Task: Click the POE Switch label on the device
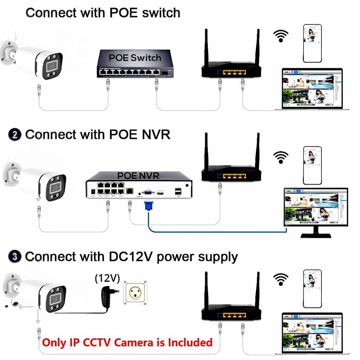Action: click(135, 57)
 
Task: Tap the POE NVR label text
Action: click(138, 176)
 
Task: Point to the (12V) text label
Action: click(107, 278)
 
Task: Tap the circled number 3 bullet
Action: click(14, 257)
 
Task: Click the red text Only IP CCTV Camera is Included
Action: click(127, 342)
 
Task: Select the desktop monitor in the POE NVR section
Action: click(316, 211)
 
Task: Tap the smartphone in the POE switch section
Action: click(312, 43)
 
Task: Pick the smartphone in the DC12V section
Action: click(312, 288)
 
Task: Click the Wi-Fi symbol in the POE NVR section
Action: click(281, 157)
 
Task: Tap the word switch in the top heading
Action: click(161, 13)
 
